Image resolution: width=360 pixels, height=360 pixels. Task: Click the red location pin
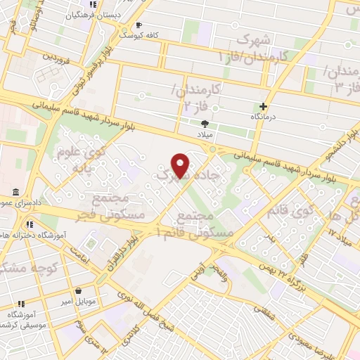point(181,165)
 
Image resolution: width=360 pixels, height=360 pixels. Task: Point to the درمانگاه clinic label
point(267,117)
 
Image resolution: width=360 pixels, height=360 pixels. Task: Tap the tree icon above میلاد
point(205,122)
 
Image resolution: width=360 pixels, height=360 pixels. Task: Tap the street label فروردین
point(57,56)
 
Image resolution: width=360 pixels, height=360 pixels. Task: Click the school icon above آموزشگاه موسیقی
point(20,304)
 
